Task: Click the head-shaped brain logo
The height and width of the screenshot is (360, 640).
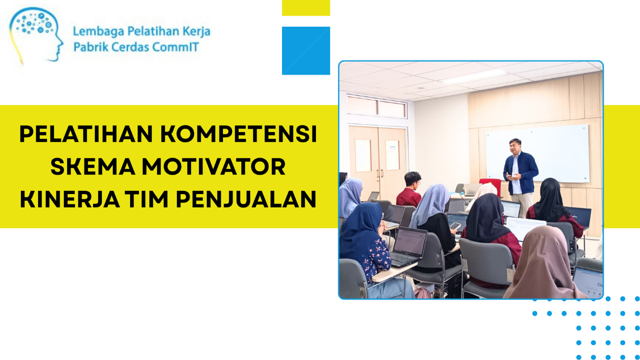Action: click(36, 35)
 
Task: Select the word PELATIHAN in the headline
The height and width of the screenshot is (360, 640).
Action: click(86, 134)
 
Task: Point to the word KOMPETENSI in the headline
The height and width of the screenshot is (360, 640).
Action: click(239, 134)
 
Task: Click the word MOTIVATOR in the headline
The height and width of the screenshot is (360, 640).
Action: click(214, 166)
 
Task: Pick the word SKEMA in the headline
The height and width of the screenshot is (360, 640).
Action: click(93, 166)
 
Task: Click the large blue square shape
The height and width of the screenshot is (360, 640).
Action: click(306, 51)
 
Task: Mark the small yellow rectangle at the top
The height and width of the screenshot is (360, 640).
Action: click(306, 8)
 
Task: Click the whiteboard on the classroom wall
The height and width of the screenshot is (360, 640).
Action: click(537, 153)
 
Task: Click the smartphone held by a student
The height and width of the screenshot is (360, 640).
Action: click(455, 226)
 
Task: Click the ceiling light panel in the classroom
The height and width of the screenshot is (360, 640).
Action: click(473, 77)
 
